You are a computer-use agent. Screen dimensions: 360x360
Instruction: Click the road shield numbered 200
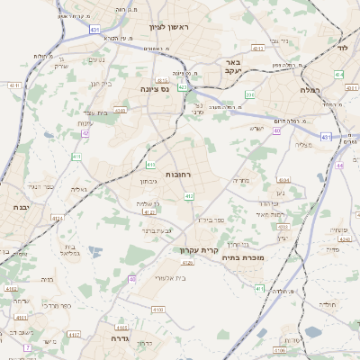250,94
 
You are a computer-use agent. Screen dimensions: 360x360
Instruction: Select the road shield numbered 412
189,195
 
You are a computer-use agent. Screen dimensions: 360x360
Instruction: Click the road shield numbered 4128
187,263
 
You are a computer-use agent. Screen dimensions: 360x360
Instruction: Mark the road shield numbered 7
27,346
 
